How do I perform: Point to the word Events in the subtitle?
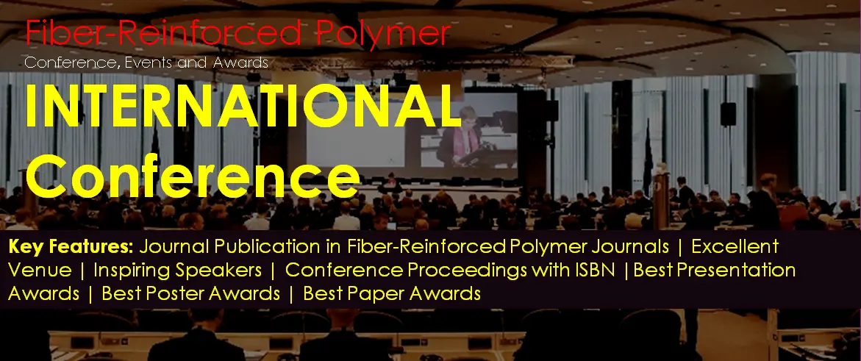(x=149, y=62)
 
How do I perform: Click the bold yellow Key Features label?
(x=71, y=247)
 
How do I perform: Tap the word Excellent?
(x=735, y=247)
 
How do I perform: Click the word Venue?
(x=40, y=271)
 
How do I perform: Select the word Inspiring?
(x=127, y=271)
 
